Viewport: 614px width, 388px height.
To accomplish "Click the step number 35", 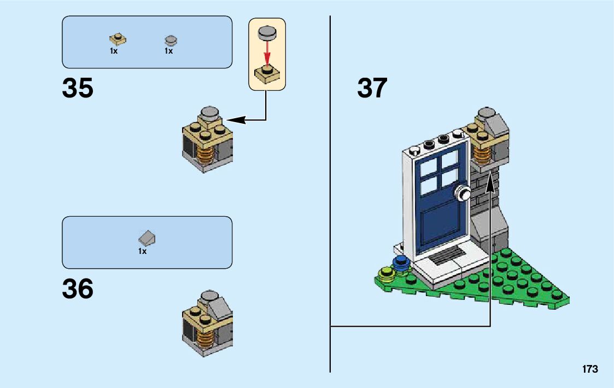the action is [78, 88].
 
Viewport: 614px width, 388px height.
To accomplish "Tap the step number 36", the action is [78, 288].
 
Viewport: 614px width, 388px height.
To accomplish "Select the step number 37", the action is [372, 88].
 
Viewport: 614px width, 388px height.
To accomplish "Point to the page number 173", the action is [590, 369].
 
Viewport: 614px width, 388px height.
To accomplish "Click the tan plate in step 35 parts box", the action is [118, 39].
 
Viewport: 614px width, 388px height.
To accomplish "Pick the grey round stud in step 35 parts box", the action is [171, 40].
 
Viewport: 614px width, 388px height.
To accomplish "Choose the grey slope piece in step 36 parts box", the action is [147, 237].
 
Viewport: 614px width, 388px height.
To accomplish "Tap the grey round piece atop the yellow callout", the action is [267, 33].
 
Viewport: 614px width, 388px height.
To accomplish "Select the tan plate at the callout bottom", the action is [267, 74].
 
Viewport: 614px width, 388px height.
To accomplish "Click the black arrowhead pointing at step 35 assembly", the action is [236, 120].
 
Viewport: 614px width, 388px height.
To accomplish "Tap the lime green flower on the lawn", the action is [385, 273].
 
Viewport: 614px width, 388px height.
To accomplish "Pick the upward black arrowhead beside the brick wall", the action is [490, 184].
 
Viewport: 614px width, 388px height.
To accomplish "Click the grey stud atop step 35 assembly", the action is [209, 113].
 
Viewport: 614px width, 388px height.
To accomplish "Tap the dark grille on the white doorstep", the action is [445, 255].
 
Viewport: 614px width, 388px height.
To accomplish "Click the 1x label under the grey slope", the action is [142, 251].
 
